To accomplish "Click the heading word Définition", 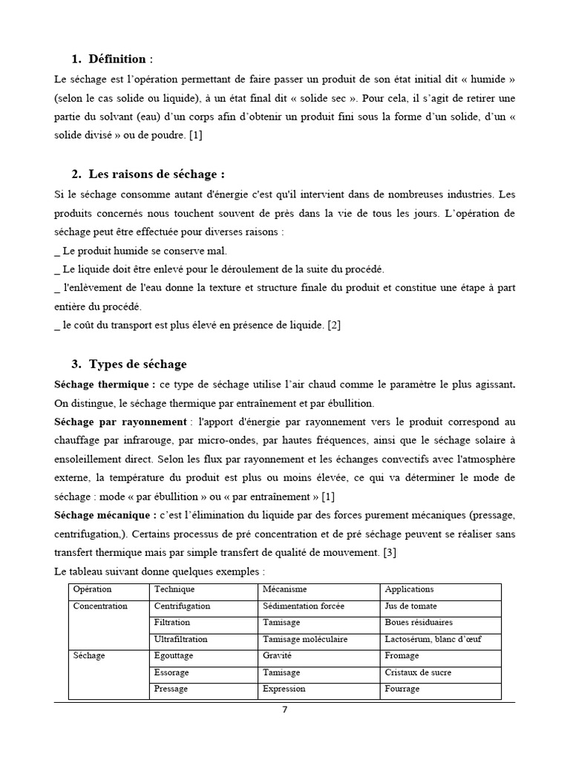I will click(118, 59).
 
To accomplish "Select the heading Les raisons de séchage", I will click(156, 174).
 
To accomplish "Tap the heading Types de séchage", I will click(137, 364).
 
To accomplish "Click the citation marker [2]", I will click(334, 325).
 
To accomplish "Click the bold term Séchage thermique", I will click(105, 384).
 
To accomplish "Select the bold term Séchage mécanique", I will click(105, 515).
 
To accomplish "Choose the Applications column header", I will click(409, 589).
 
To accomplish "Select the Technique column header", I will click(174, 589).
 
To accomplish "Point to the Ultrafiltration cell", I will click(181, 639).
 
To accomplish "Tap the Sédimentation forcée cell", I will click(304, 606).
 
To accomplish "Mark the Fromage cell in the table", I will click(402, 656).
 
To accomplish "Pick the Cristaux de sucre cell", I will click(414, 672).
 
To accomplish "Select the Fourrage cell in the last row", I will click(402, 689).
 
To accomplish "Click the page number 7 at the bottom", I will click(284, 709).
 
